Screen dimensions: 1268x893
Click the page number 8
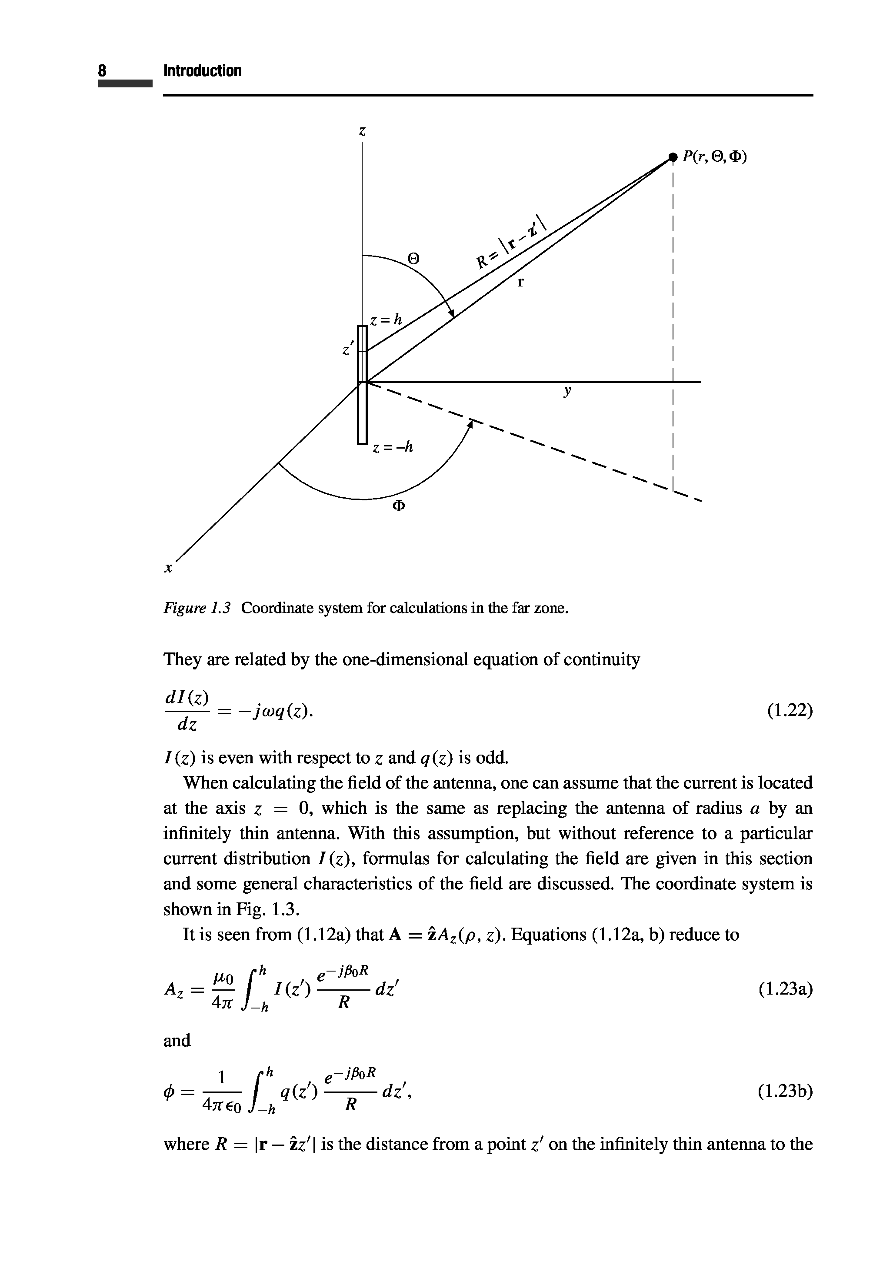tap(102, 71)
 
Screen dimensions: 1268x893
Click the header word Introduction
tap(202, 71)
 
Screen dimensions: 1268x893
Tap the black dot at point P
tap(672, 157)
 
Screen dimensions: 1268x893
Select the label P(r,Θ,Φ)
tap(714, 157)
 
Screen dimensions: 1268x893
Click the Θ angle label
tap(413, 258)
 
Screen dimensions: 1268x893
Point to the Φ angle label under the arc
tap(398, 506)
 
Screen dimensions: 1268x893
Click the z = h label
tap(387, 320)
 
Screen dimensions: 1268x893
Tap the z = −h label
tap(393, 447)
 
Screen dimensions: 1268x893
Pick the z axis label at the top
tap(362, 131)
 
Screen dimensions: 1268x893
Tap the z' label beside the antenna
tap(347, 349)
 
